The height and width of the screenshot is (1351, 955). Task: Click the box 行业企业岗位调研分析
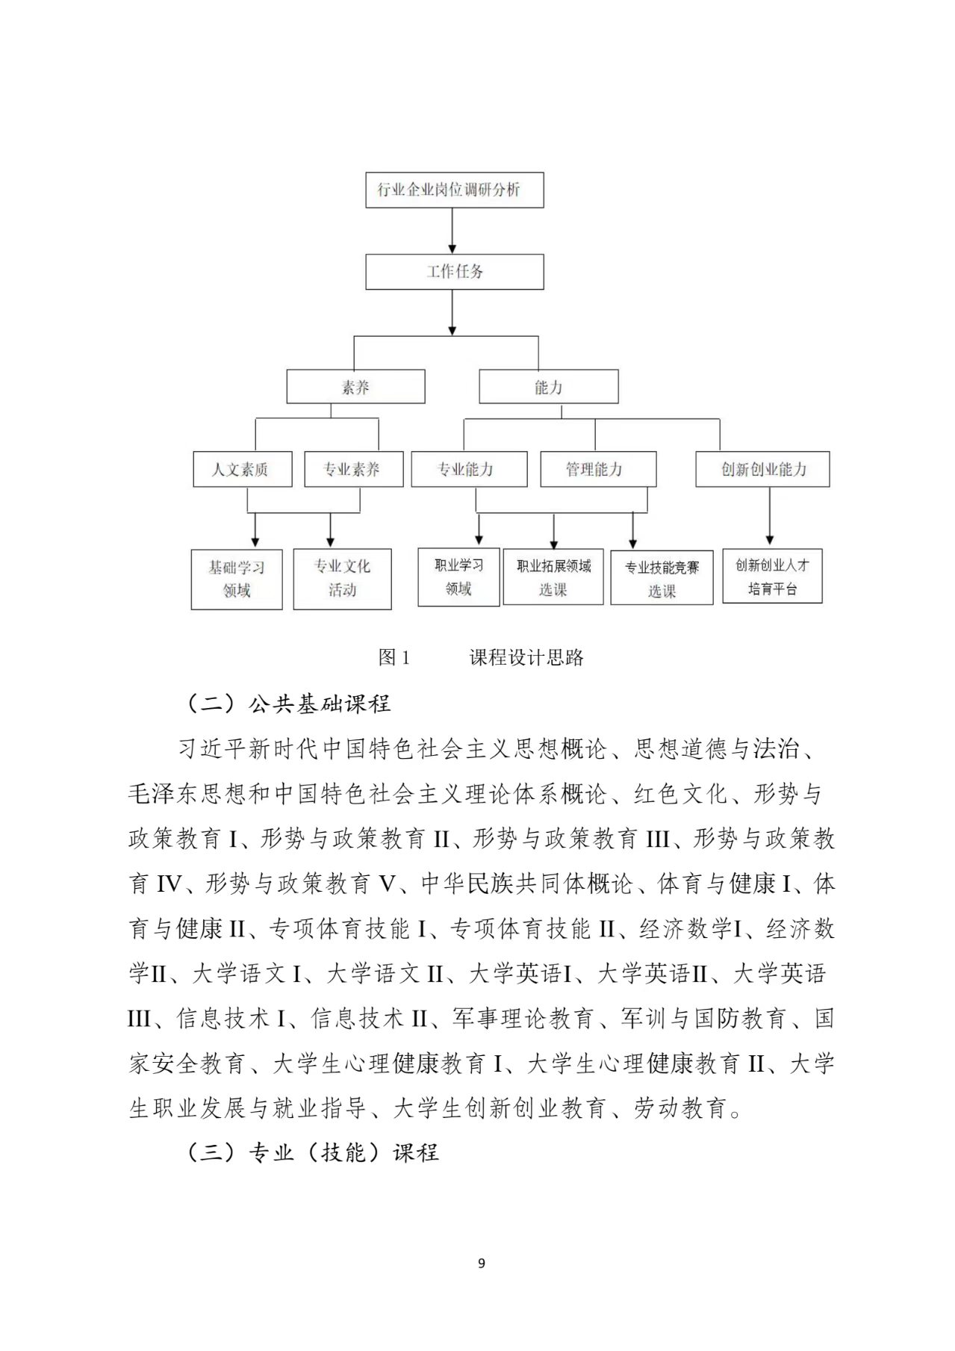[x=454, y=190]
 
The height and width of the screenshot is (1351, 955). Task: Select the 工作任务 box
[x=454, y=272]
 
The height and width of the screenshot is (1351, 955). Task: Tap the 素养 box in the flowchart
[x=355, y=387]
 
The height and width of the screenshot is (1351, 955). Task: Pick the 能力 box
[x=548, y=387]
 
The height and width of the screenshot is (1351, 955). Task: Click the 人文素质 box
[x=241, y=469]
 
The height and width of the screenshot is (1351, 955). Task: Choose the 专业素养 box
[x=353, y=469]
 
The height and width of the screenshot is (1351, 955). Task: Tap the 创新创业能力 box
[x=762, y=469]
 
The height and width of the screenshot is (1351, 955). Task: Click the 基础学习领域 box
[x=237, y=579]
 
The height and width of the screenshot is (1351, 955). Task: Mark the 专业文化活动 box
[x=342, y=579]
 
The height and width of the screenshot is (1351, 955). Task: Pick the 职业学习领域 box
[x=458, y=577]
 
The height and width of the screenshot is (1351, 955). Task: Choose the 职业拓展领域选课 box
[x=553, y=577]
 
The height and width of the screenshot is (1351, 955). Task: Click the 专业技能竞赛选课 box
[x=662, y=579]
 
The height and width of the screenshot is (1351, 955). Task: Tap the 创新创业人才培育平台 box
[x=772, y=577]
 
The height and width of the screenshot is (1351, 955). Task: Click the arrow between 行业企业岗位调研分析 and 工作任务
[x=452, y=231]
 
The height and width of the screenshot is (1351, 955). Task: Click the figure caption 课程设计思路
[x=526, y=658]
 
